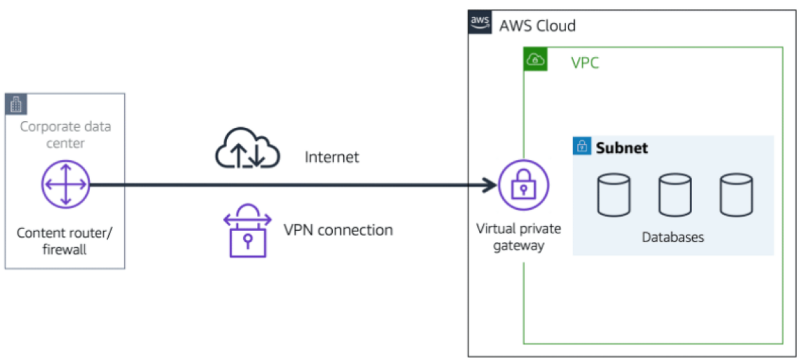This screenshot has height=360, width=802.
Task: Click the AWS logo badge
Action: (x=480, y=22)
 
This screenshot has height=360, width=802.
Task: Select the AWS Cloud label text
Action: (x=537, y=26)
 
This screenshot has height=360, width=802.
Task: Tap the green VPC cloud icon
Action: (x=535, y=60)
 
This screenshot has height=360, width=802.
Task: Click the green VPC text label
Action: (x=585, y=63)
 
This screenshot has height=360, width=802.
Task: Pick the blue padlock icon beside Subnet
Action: (x=582, y=147)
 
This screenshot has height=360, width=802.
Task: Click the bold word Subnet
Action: (x=622, y=148)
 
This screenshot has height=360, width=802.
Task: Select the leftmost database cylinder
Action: (x=614, y=195)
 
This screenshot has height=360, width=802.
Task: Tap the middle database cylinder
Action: (x=674, y=195)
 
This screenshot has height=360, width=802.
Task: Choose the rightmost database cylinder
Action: (x=735, y=195)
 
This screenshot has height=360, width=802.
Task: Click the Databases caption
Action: (x=673, y=237)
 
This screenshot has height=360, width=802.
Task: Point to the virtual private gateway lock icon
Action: (x=523, y=185)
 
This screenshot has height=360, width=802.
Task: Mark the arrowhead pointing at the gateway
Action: (x=491, y=185)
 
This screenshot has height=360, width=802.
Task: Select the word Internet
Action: (x=332, y=157)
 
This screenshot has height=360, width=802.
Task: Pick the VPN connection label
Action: (x=338, y=230)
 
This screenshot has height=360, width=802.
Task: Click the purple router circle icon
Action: (x=65, y=184)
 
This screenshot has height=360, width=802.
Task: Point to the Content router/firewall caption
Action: (x=65, y=241)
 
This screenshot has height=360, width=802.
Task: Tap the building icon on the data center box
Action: (x=16, y=104)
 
